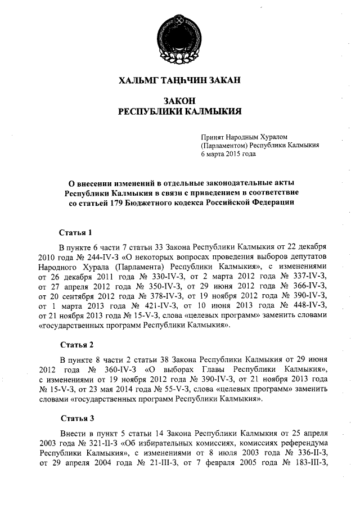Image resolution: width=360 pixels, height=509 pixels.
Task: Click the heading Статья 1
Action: pos(75,232)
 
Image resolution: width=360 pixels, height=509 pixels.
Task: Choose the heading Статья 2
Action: pos(75,344)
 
